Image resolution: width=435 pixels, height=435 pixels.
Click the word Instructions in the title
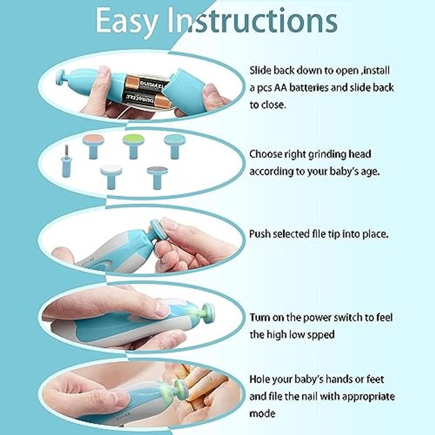252,20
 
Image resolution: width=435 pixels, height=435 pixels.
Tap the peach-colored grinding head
94,146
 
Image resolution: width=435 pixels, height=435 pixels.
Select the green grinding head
133,146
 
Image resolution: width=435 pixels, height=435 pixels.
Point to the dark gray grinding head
157,177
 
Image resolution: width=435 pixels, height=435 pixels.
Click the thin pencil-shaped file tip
66,161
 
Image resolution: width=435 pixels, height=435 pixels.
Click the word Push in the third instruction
260,234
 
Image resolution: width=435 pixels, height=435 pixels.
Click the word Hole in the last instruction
260,379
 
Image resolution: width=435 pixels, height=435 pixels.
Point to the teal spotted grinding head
174,146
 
